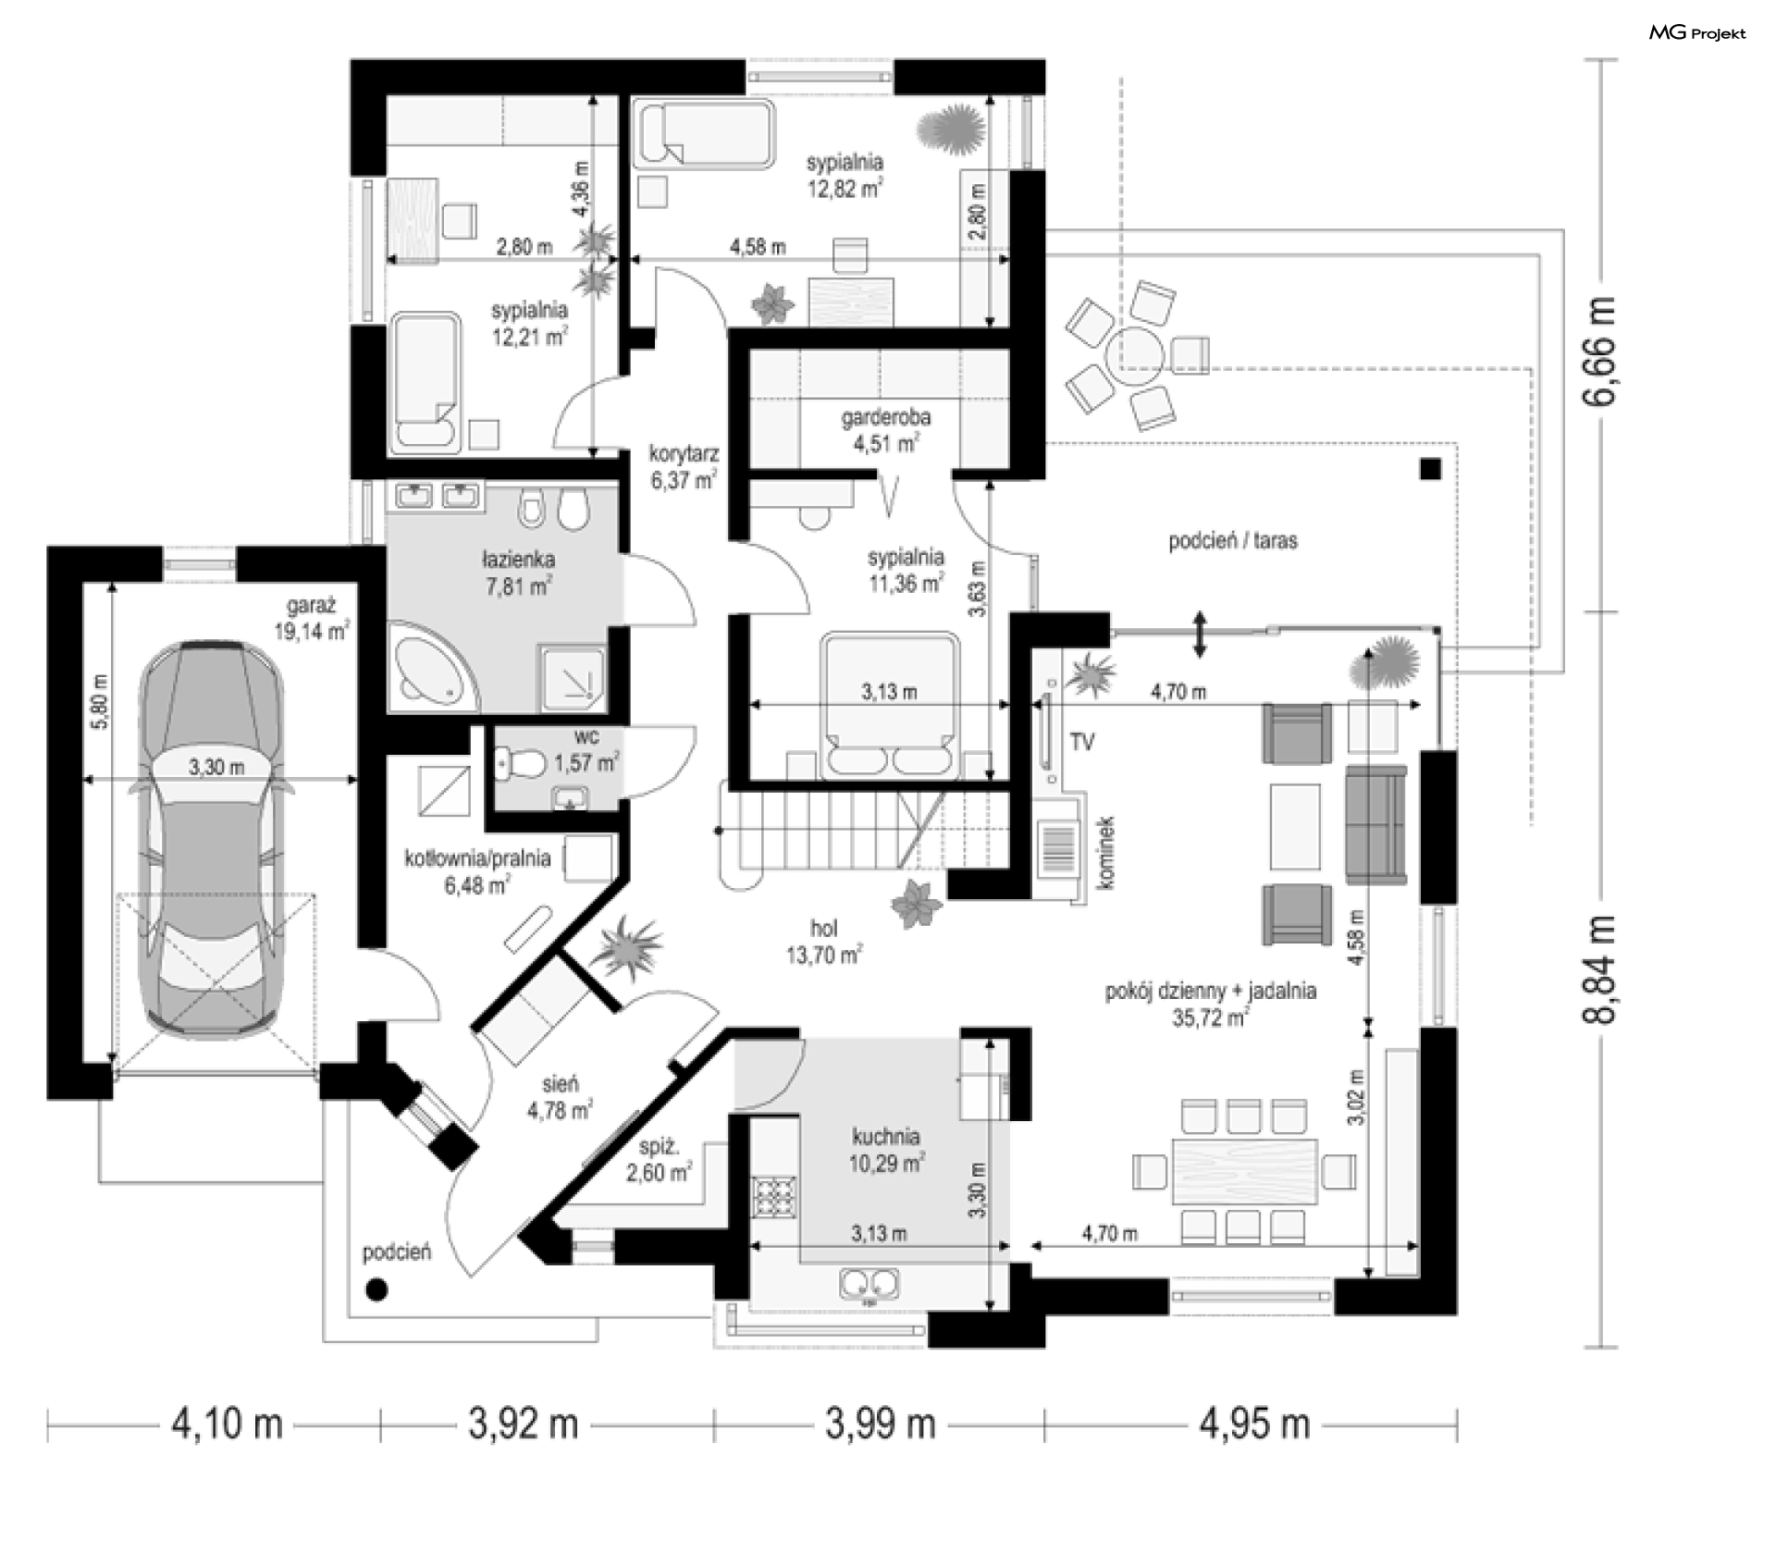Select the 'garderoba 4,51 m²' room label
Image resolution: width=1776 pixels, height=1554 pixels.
click(885, 430)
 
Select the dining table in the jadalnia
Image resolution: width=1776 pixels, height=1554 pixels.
click(1245, 1170)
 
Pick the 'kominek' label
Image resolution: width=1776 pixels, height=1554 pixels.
click(1107, 852)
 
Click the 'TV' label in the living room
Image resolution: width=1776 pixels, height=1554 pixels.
click(1081, 741)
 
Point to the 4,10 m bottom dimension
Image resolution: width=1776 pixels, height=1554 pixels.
click(226, 1424)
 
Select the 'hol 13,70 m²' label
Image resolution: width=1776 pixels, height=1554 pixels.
click(824, 943)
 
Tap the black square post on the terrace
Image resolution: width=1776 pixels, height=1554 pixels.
click(1430, 469)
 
